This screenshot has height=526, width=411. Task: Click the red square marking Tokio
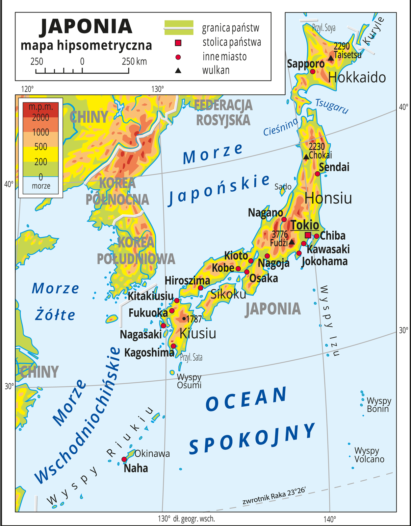[x=308, y=235]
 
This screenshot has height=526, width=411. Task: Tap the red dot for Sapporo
[x=313, y=71]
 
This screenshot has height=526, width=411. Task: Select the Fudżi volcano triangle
[x=292, y=242]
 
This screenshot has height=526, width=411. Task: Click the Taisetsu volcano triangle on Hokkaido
[x=331, y=58]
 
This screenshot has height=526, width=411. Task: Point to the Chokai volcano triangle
[x=306, y=157]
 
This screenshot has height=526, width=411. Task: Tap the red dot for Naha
[x=124, y=459]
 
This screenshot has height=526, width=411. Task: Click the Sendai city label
[x=334, y=167]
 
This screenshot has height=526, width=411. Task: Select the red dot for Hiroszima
[x=200, y=288]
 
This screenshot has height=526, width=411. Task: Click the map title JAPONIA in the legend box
[x=86, y=27]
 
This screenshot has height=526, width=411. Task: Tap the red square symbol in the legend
[x=178, y=43]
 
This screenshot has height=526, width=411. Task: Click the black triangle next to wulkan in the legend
[x=178, y=70]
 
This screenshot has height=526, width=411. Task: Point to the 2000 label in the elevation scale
[x=40, y=117]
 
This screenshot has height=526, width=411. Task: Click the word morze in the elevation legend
[x=41, y=186]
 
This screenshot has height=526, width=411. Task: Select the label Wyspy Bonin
[x=378, y=405]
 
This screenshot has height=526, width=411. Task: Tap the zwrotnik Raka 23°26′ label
[x=274, y=496]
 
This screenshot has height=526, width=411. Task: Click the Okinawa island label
[x=152, y=454]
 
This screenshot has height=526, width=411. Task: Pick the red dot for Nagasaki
[x=163, y=326]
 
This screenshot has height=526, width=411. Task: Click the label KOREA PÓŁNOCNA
[x=117, y=191]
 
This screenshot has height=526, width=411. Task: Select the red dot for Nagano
[x=284, y=219]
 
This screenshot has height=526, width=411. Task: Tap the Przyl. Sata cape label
[x=191, y=357]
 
